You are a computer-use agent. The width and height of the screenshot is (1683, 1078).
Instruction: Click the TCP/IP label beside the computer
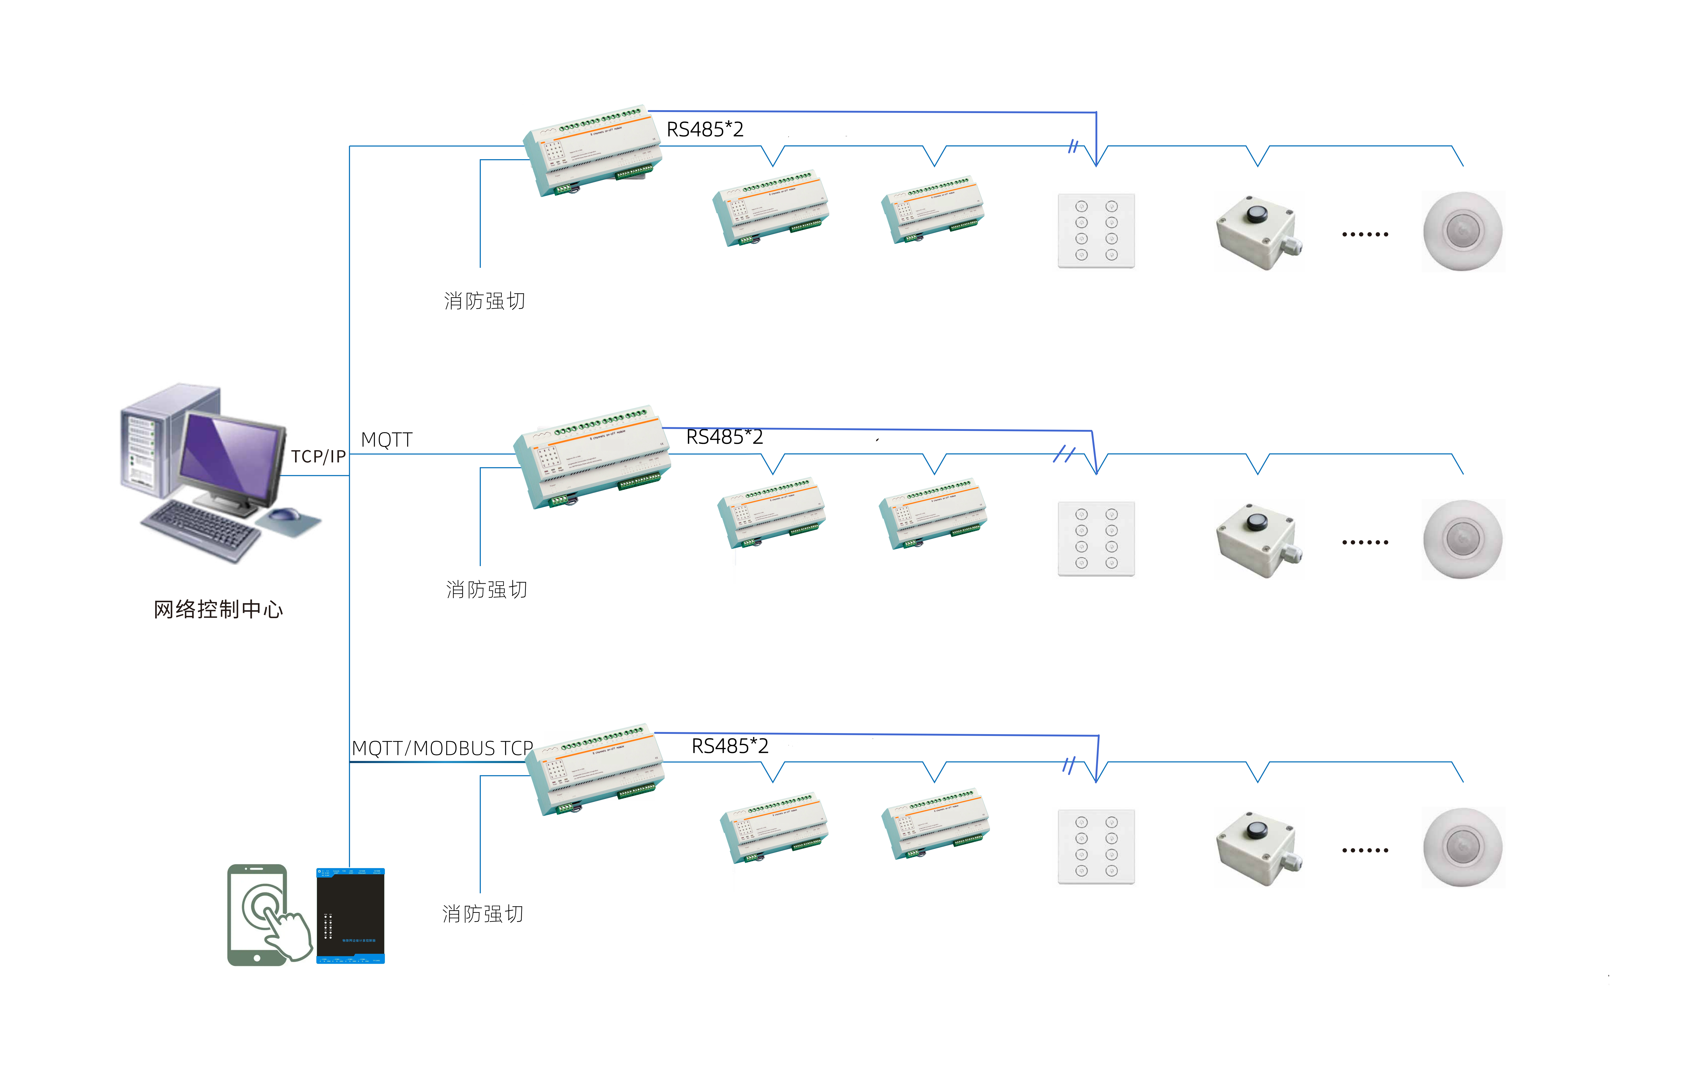(319, 456)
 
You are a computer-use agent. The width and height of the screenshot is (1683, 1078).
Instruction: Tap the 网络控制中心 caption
(218, 609)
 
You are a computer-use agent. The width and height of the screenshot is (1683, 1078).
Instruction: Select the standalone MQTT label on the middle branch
(386, 439)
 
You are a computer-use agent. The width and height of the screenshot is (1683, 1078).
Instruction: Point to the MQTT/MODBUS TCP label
(442, 748)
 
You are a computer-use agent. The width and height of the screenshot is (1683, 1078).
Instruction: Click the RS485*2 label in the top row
(705, 129)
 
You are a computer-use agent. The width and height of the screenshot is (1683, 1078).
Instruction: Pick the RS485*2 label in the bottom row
(730, 746)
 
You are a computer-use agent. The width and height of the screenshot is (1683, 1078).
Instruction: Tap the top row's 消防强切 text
(484, 301)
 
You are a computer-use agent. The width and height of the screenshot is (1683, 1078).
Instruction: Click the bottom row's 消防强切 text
(483, 914)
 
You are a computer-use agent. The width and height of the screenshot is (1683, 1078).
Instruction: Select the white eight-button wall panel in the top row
(1096, 231)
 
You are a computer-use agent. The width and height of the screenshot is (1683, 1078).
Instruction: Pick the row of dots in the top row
(1364, 234)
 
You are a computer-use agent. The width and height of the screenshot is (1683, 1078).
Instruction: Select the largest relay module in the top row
(593, 151)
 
